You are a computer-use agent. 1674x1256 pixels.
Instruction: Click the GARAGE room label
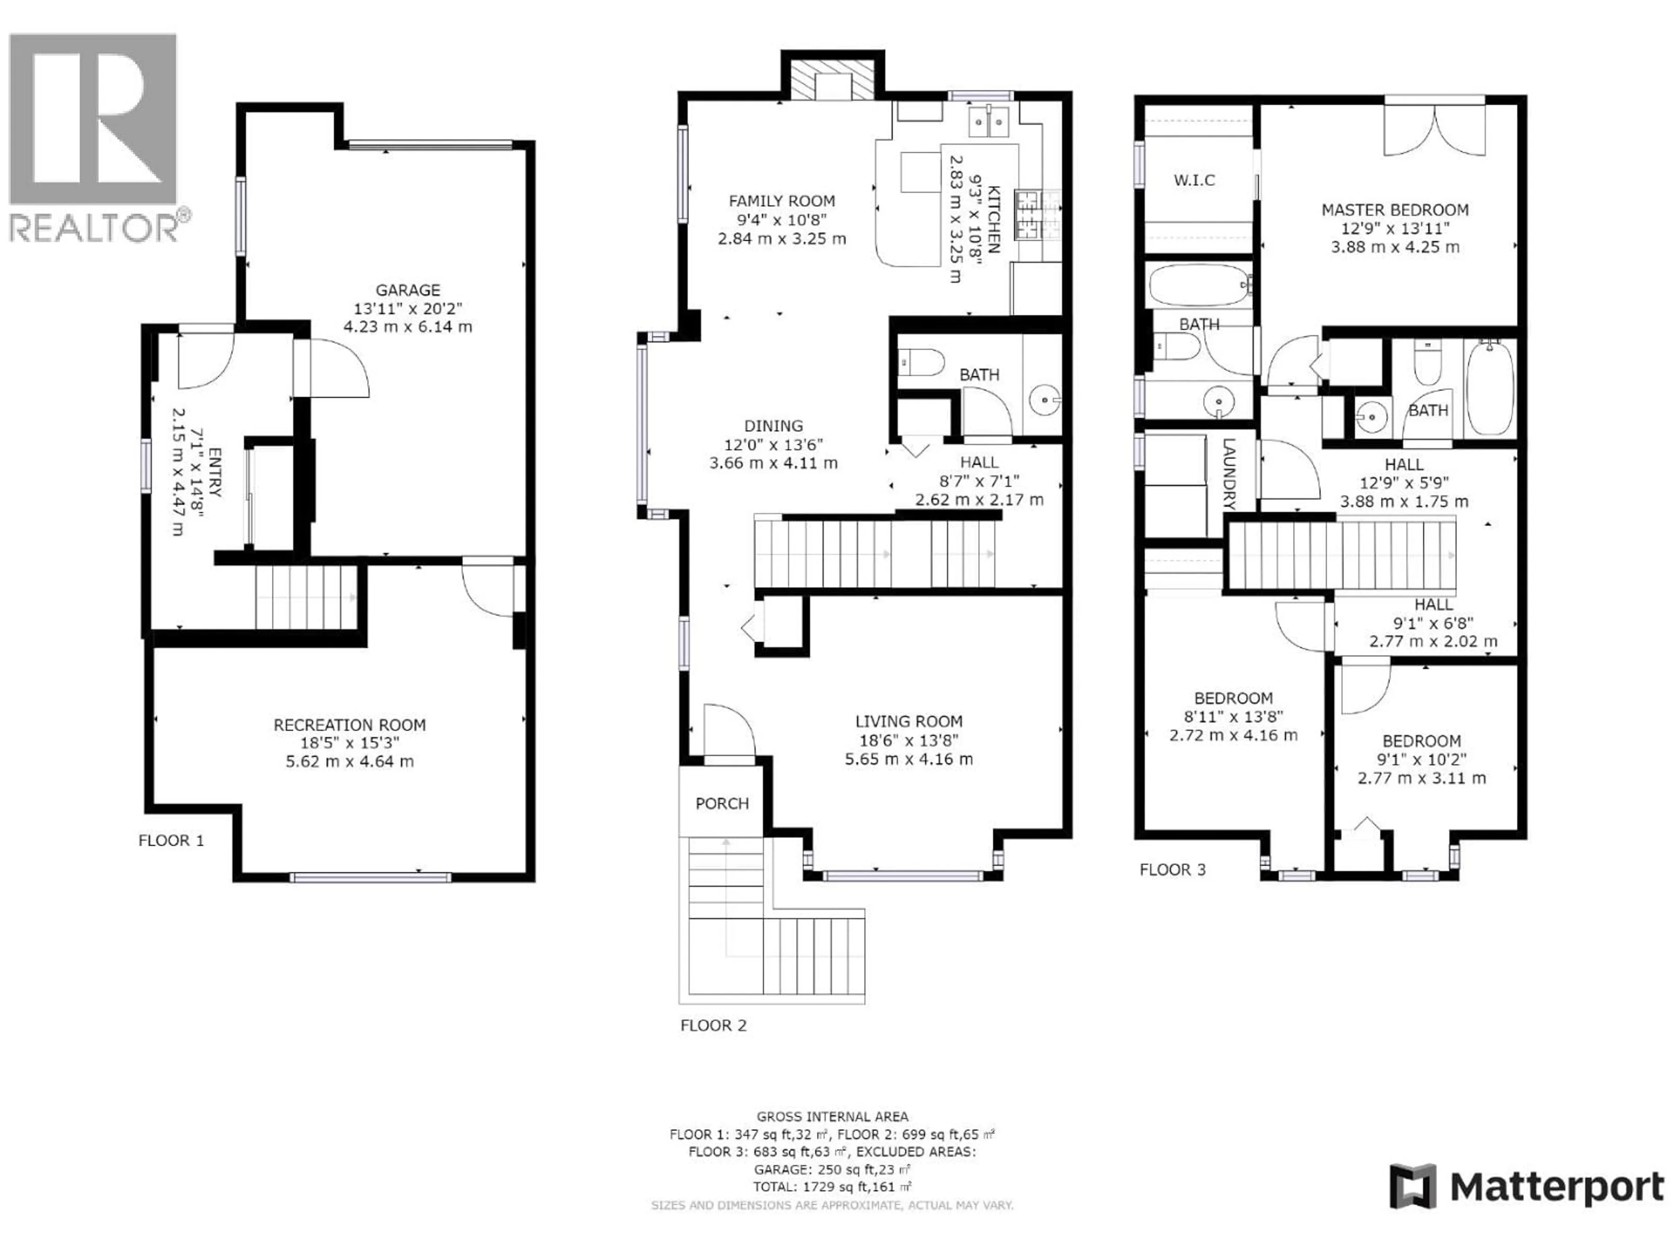408,290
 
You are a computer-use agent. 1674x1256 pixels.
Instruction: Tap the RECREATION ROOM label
350,724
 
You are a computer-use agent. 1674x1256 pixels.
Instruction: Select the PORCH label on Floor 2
722,803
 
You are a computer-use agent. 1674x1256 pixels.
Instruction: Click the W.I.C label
1194,180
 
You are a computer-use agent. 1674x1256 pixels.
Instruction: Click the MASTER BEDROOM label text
1395,210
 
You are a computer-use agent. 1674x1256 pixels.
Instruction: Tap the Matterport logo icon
1412,1186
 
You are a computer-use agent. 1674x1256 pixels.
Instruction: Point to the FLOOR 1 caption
171,840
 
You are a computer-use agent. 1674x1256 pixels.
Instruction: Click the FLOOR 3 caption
1172,869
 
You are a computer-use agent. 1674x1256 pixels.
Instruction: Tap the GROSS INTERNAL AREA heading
832,1116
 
